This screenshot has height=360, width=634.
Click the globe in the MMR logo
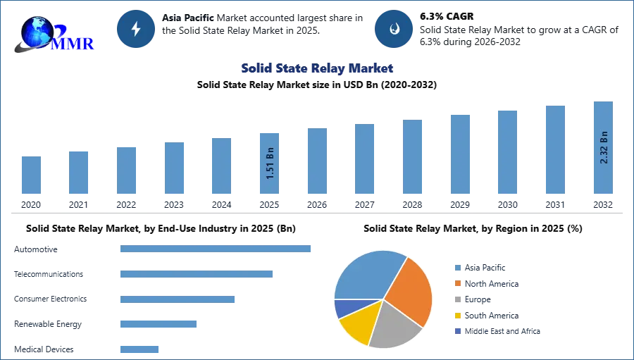(37, 32)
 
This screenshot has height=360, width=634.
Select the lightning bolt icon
(137, 29)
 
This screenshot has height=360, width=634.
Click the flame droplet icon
(394, 29)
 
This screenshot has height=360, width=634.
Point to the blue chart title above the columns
(316, 68)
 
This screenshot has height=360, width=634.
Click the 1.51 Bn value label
(270, 163)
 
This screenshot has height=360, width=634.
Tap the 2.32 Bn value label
(603, 147)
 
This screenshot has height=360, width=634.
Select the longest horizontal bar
(216, 248)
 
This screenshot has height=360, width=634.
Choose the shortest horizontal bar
(140, 349)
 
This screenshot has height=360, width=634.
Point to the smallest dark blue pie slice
(342, 307)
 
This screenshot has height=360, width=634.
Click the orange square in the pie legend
(457, 283)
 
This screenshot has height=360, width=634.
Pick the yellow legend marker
(457, 316)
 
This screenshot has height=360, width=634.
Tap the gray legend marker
(457, 299)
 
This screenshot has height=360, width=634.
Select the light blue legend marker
(457, 267)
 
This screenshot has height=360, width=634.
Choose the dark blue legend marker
(457, 332)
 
